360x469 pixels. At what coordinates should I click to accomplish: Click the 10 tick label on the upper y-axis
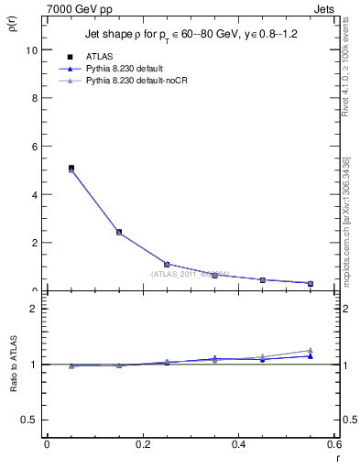tap(32, 50)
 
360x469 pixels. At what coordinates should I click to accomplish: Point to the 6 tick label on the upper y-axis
tap(35, 147)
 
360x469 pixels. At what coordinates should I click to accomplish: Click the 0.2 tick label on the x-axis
tap(143, 445)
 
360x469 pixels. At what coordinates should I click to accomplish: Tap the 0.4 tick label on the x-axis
tap(239, 445)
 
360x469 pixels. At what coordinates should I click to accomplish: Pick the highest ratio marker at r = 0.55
tap(311, 350)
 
